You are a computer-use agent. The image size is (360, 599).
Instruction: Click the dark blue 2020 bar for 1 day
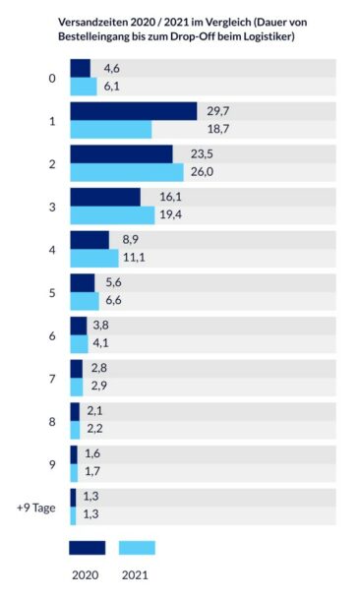pos(133,111)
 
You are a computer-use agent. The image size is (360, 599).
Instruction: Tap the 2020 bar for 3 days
pos(104,197)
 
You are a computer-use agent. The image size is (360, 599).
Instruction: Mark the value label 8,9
pos(124,239)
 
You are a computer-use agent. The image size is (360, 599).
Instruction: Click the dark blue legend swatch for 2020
pos(87,548)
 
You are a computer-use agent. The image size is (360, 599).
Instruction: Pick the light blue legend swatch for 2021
pos(137,548)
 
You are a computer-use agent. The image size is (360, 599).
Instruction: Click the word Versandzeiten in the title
pos(97,20)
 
